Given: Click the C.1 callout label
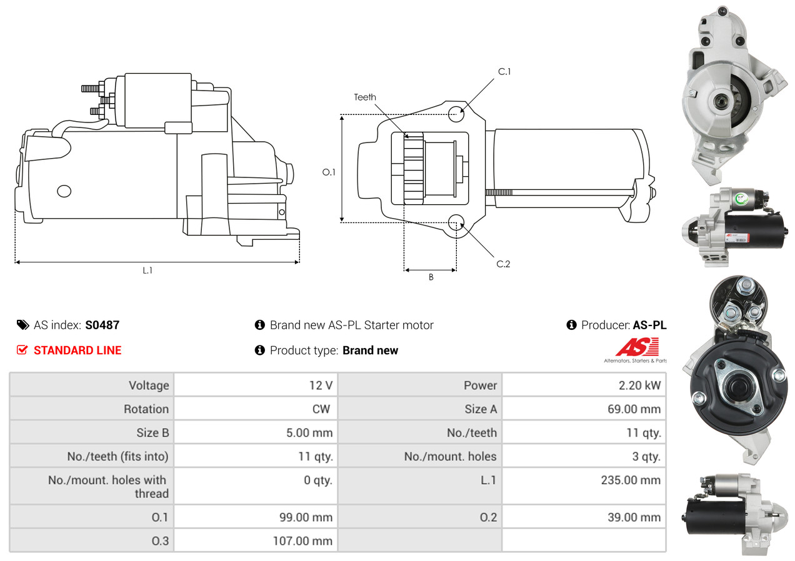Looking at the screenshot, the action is [x=504, y=72].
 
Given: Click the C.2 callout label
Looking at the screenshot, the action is [x=503, y=264].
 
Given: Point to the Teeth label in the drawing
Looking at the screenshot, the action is [x=365, y=97].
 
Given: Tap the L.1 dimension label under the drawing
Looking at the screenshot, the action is [x=147, y=271].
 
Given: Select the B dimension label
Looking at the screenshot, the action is [x=431, y=277].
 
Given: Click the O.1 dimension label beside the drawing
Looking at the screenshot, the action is [x=329, y=172].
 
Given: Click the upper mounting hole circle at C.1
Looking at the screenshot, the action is [x=456, y=114].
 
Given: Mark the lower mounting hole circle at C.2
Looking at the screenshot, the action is [x=456, y=222].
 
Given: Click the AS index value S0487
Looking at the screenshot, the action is [x=102, y=325].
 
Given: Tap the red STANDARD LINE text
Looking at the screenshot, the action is [x=77, y=350].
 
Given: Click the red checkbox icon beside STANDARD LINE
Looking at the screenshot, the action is [x=22, y=350].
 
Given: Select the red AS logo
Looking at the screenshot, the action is [x=637, y=347].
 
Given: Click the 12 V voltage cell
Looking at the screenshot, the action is [x=321, y=385].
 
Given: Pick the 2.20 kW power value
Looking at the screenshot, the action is [x=639, y=385].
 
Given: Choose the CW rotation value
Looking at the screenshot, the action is [x=321, y=409].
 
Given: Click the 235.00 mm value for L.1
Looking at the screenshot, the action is [x=631, y=480].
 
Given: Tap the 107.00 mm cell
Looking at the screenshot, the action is [x=302, y=541].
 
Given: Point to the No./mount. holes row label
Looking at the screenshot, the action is [x=450, y=456].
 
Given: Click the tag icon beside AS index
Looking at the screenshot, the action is [x=23, y=325].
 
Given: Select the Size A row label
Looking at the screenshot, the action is [x=481, y=409].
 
